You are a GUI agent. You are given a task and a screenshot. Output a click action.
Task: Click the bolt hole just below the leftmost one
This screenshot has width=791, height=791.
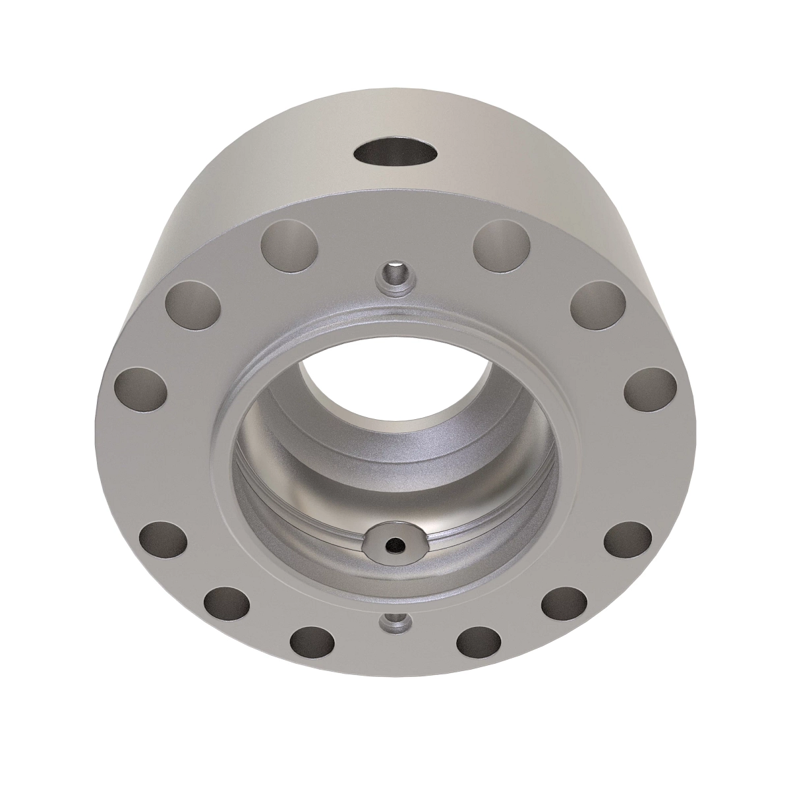tap(163, 541)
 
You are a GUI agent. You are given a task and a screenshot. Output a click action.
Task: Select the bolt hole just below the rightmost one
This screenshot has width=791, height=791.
tap(628, 541)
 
